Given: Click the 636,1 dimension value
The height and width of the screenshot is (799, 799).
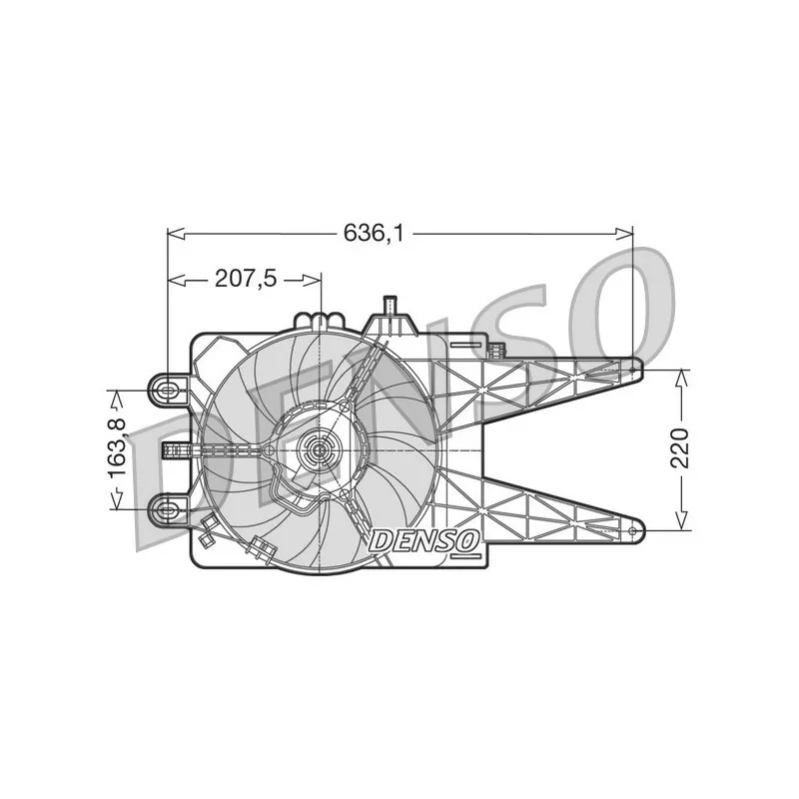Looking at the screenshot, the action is click(373, 234).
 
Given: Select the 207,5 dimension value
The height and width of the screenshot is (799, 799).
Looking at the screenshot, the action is click(246, 279).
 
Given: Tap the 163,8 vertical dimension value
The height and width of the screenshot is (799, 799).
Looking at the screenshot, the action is click(118, 447).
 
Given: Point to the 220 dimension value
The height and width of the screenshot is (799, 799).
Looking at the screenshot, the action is click(679, 447).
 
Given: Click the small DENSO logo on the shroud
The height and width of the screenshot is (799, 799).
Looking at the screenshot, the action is click(423, 541).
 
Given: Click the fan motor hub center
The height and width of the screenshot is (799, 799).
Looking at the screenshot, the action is click(319, 450).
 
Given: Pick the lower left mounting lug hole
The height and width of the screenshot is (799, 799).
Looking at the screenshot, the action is click(167, 509).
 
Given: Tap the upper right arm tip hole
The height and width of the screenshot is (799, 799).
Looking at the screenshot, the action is click(632, 369).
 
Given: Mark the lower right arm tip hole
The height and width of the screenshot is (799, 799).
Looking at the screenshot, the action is click(632, 530).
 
